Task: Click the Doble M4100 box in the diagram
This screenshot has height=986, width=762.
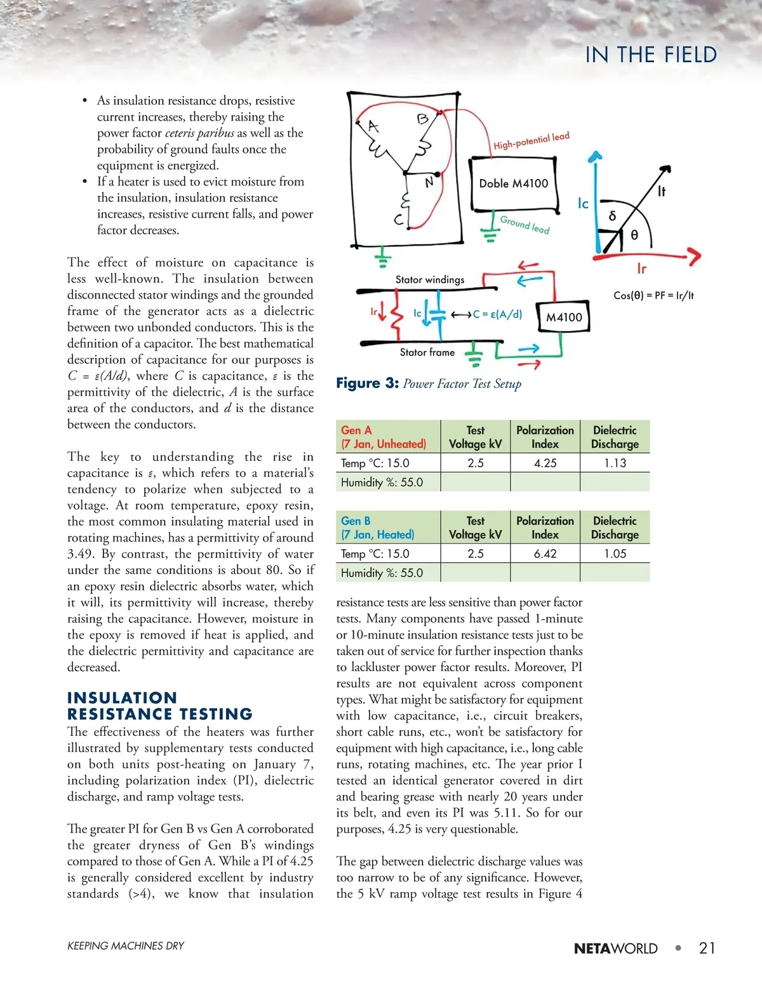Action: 513,183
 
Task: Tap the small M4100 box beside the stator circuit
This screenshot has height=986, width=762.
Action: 564,317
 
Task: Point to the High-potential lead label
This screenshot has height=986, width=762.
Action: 531,141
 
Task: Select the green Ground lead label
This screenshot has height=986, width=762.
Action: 525,225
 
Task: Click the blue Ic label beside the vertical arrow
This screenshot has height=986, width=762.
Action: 583,204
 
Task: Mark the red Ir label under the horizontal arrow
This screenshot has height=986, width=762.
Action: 641,269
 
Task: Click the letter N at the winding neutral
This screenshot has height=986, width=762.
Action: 429,182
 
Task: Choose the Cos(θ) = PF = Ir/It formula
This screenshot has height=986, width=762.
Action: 653,295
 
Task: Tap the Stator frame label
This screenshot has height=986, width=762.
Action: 427,352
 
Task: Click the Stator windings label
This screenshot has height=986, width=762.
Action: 430,279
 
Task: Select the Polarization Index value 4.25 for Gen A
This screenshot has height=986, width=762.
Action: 545,463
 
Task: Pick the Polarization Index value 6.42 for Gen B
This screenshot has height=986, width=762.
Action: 545,554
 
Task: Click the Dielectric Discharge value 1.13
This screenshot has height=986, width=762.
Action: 615,463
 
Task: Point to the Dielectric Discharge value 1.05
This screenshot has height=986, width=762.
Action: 615,554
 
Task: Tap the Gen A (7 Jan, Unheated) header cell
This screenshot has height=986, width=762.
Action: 384,437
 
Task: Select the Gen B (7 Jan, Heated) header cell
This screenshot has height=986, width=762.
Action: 378,528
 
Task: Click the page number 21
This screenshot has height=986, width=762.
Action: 707,948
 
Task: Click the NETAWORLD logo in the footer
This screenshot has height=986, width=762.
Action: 615,949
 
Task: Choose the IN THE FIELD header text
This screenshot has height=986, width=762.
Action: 651,55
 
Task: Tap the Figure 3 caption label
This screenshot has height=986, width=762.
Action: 368,383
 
